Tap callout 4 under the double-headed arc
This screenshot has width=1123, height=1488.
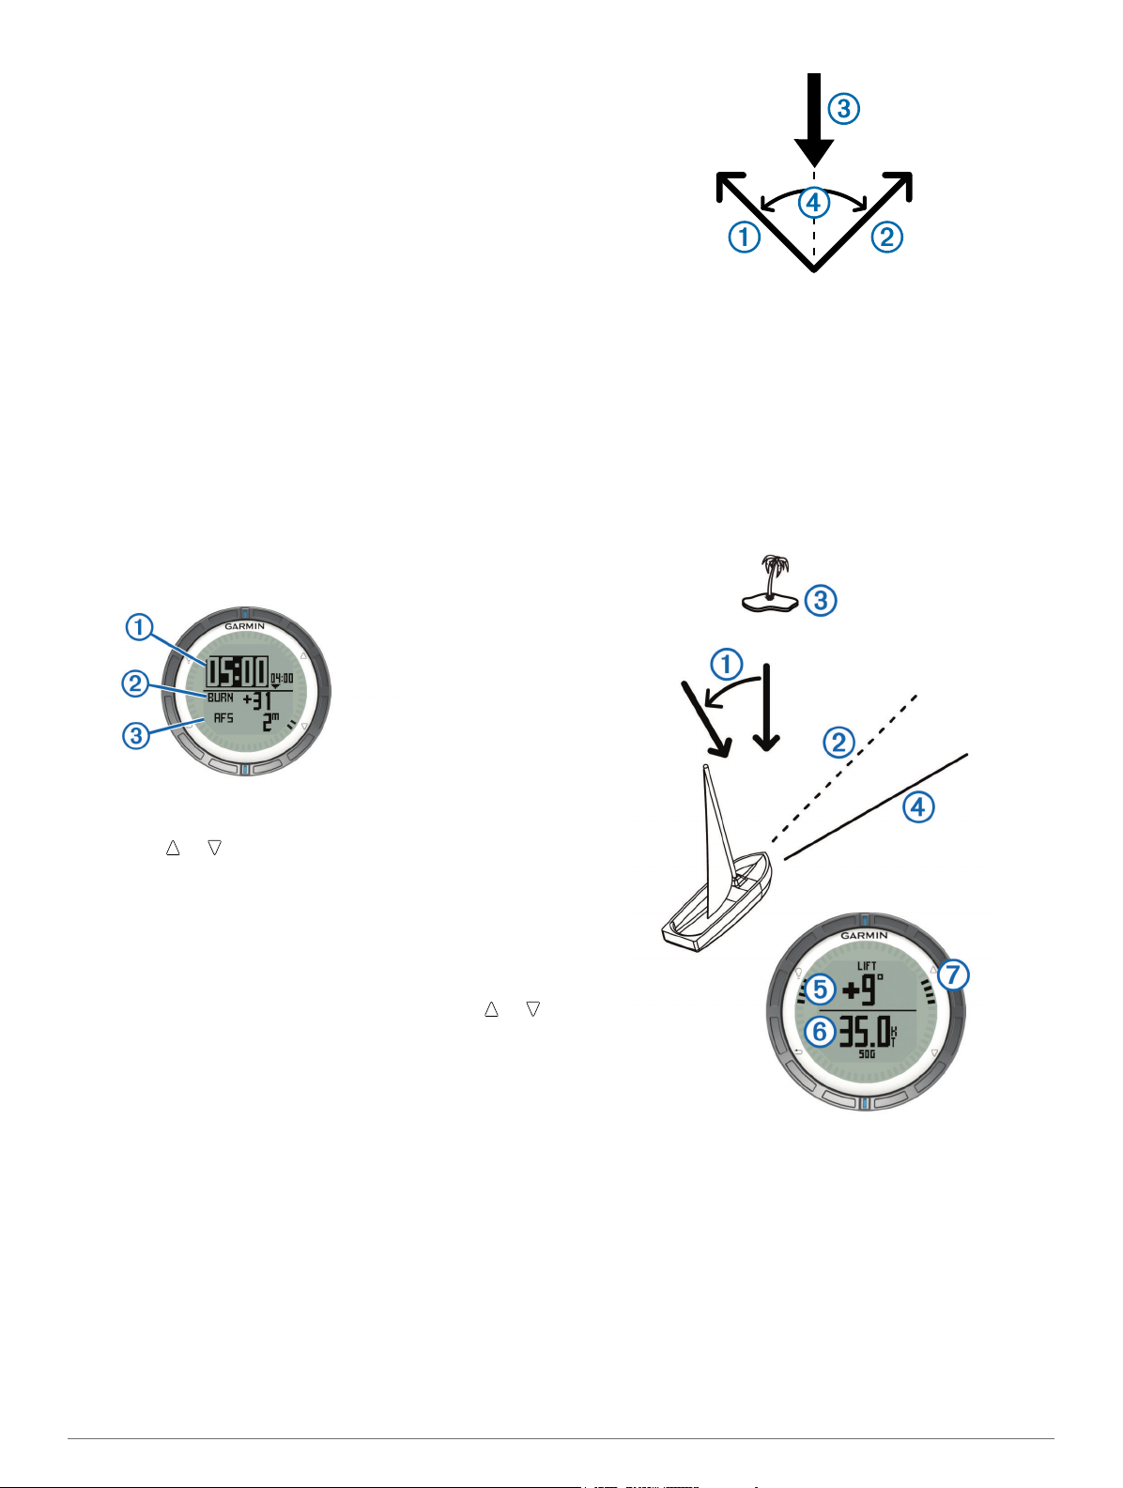(x=814, y=203)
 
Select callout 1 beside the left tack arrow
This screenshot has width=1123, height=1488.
(x=745, y=237)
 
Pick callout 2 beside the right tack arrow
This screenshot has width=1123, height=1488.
(x=886, y=237)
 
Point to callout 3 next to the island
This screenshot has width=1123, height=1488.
(x=821, y=600)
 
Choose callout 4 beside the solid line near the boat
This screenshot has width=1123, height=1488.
(x=918, y=806)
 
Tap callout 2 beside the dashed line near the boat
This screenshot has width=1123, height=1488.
(x=838, y=744)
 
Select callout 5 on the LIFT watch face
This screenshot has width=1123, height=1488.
(x=820, y=989)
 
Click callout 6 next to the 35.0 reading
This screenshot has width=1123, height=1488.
(x=820, y=1032)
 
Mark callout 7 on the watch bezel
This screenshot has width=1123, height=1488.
(x=952, y=975)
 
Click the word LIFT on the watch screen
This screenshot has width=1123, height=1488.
(x=867, y=966)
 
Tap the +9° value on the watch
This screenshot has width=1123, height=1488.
(x=861, y=989)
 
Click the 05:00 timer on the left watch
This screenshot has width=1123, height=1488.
(x=237, y=672)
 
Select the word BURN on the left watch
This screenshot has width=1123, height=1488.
(x=221, y=698)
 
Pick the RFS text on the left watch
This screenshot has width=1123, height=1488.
(x=223, y=718)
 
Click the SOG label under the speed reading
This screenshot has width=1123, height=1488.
(x=867, y=1054)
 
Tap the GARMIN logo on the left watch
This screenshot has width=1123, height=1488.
(x=244, y=626)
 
